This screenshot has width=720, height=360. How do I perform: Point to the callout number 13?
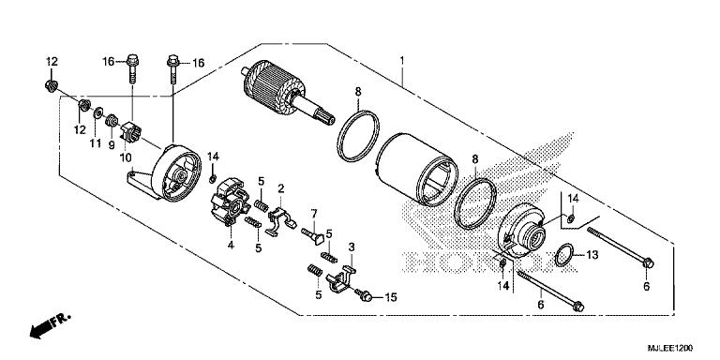(x=592, y=254)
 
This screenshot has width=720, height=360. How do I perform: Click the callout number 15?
(x=391, y=297)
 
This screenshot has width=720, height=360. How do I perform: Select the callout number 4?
(x=230, y=247)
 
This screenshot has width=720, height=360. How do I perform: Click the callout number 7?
(x=314, y=213)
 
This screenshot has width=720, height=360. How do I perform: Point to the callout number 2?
(x=280, y=189)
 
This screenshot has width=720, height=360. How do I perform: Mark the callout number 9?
(x=111, y=144)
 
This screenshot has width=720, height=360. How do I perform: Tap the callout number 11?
(x=94, y=143)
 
